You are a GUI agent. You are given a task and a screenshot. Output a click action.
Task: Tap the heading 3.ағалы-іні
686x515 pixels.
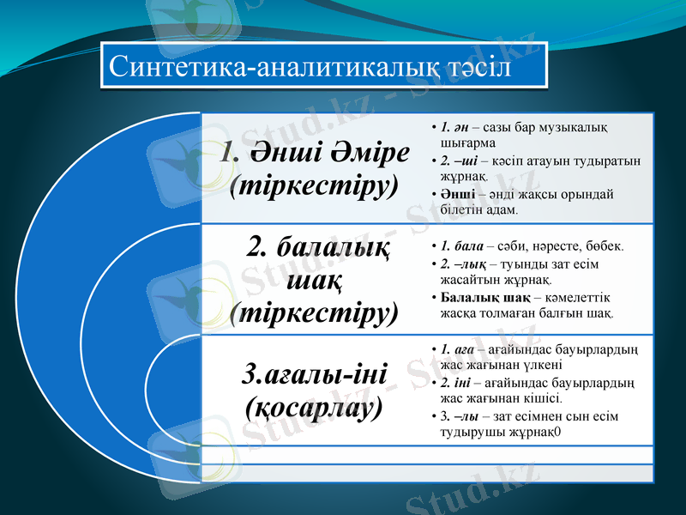click(316, 374)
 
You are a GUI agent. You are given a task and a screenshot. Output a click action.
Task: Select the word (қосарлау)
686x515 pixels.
click(313, 406)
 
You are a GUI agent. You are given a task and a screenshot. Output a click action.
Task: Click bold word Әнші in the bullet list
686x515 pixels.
click(451, 194)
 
